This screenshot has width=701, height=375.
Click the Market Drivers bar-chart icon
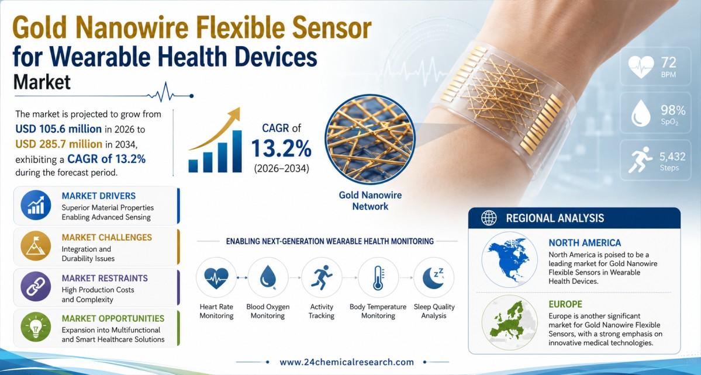pyautogui.click(x=36, y=205)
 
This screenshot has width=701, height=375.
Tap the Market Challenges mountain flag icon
pyautogui.click(x=36, y=246)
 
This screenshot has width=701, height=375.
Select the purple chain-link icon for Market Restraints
pyautogui.click(x=36, y=286)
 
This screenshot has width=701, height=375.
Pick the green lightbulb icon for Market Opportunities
pyautogui.click(x=36, y=327)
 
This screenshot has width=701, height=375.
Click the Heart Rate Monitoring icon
pyautogui.click(x=216, y=277)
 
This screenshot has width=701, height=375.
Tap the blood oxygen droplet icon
pyautogui.click(x=268, y=277)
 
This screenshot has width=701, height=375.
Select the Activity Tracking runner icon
pyautogui.click(x=322, y=277)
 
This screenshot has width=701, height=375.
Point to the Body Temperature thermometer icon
pyautogui.click(x=378, y=277)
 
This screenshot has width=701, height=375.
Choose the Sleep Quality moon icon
pyautogui.click(x=434, y=277)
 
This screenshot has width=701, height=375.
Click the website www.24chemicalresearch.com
pyautogui.click(x=347, y=362)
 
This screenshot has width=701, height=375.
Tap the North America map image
pyautogui.click(x=509, y=259)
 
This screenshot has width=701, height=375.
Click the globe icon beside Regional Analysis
pyautogui.click(x=489, y=218)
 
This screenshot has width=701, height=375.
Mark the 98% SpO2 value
pyautogui.click(x=673, y=110)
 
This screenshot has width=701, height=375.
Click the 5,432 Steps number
pyautogui.click(x=672, y=157)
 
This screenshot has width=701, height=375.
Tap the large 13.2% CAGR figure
pyautogui.click(x=281, y=148)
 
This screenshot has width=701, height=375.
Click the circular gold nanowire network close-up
pyautogui.click(x=370, y=139)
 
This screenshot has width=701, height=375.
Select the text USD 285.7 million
pyautogui.click(x=58, y=144)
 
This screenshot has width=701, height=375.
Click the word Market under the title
pyautogui.click(x=42, y=82)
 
